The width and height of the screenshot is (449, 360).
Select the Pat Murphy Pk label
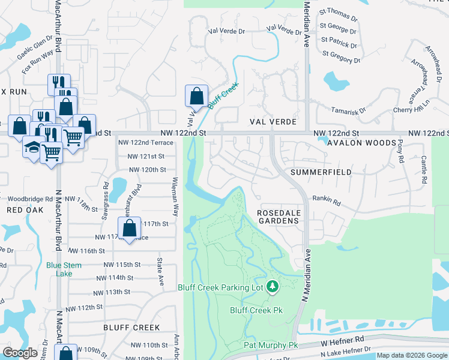[x=270, y=345]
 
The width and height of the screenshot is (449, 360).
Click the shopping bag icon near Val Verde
[x=196, y=95]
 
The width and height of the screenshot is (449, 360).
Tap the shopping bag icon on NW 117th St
[x=129, y=228]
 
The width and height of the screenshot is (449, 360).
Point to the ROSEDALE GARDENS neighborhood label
[x=278, y=217]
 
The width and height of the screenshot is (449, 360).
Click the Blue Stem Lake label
[x=59, y=269]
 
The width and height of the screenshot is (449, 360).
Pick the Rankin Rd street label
[x=326, y=202]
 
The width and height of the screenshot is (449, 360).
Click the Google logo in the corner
[x=20, y=353]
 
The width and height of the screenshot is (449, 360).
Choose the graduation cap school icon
[x=31, y=147]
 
